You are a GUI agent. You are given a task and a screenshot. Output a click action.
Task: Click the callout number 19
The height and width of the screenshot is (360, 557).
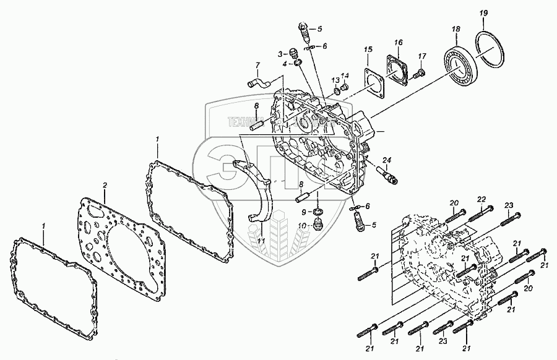[x=484, y=13]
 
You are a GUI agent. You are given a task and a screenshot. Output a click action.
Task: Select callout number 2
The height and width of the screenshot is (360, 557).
[x=105, y=185]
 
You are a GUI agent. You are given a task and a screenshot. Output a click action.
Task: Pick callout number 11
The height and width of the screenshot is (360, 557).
[x=260, y=239]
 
